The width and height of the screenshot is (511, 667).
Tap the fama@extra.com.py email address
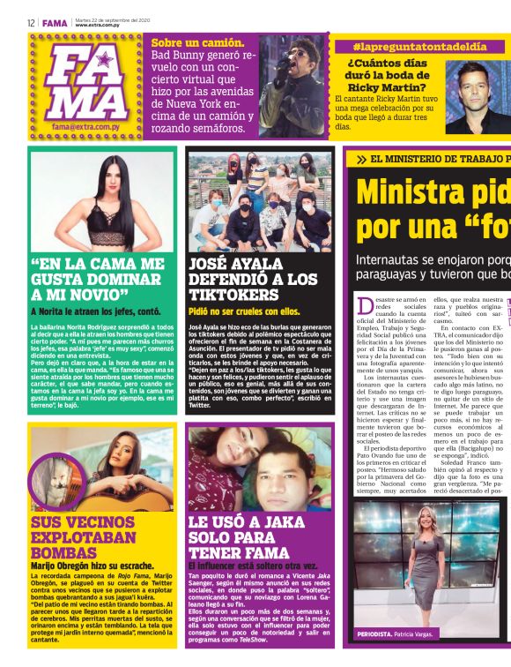(85, 128)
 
